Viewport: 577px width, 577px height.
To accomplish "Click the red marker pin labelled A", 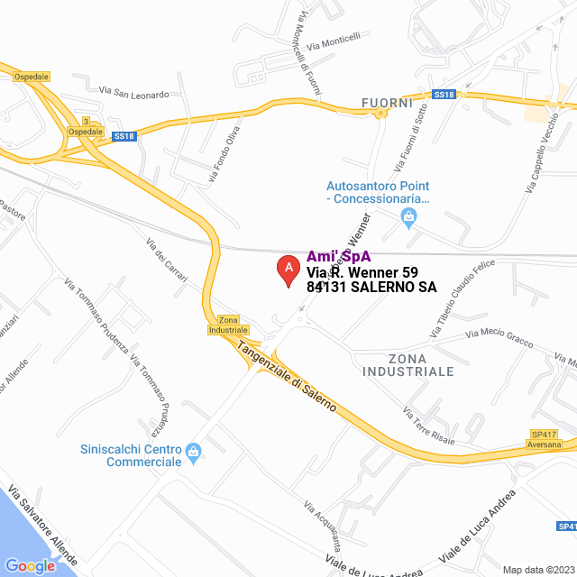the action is [x=288, y=269].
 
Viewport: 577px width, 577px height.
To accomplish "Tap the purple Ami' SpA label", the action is [x=339, y=256].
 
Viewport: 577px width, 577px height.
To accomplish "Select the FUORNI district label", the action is [x=387, y=102].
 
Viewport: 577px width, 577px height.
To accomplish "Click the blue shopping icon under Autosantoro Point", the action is [x=408, y=215].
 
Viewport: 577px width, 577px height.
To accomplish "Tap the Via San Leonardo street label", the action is [x=133, y=93].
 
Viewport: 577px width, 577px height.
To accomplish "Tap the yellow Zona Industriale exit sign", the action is [x=227, y=325].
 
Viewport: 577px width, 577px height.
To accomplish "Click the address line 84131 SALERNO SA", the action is [x=371, y=288].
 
